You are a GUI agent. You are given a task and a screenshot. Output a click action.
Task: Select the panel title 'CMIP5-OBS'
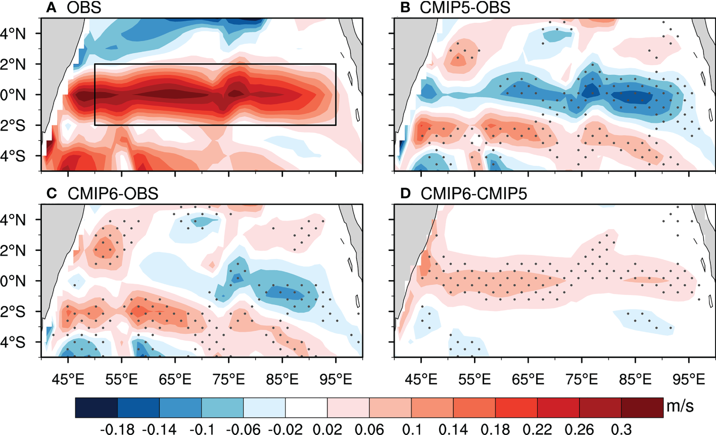[465, 8]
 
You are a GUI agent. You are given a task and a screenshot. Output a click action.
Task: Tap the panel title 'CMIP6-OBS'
[113, 194]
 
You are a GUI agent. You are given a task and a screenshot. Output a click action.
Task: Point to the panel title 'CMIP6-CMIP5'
[473, 194]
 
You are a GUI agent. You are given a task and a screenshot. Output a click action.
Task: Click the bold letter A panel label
[50, 8]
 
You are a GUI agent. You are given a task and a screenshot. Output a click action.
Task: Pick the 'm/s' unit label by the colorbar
[680, 406]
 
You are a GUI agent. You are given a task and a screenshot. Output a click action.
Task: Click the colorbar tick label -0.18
[117, 429]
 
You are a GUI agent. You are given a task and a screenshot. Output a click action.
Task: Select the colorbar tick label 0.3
[621, 429]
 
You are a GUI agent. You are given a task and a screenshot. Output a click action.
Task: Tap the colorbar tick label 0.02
[327, 429]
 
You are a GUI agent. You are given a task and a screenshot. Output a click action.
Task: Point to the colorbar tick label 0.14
[453, 429]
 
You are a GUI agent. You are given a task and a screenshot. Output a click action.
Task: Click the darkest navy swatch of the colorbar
[97, 408]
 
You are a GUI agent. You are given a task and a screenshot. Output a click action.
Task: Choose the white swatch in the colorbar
[306, 408]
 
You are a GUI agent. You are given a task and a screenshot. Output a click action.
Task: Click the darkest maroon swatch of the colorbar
[642, 408]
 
